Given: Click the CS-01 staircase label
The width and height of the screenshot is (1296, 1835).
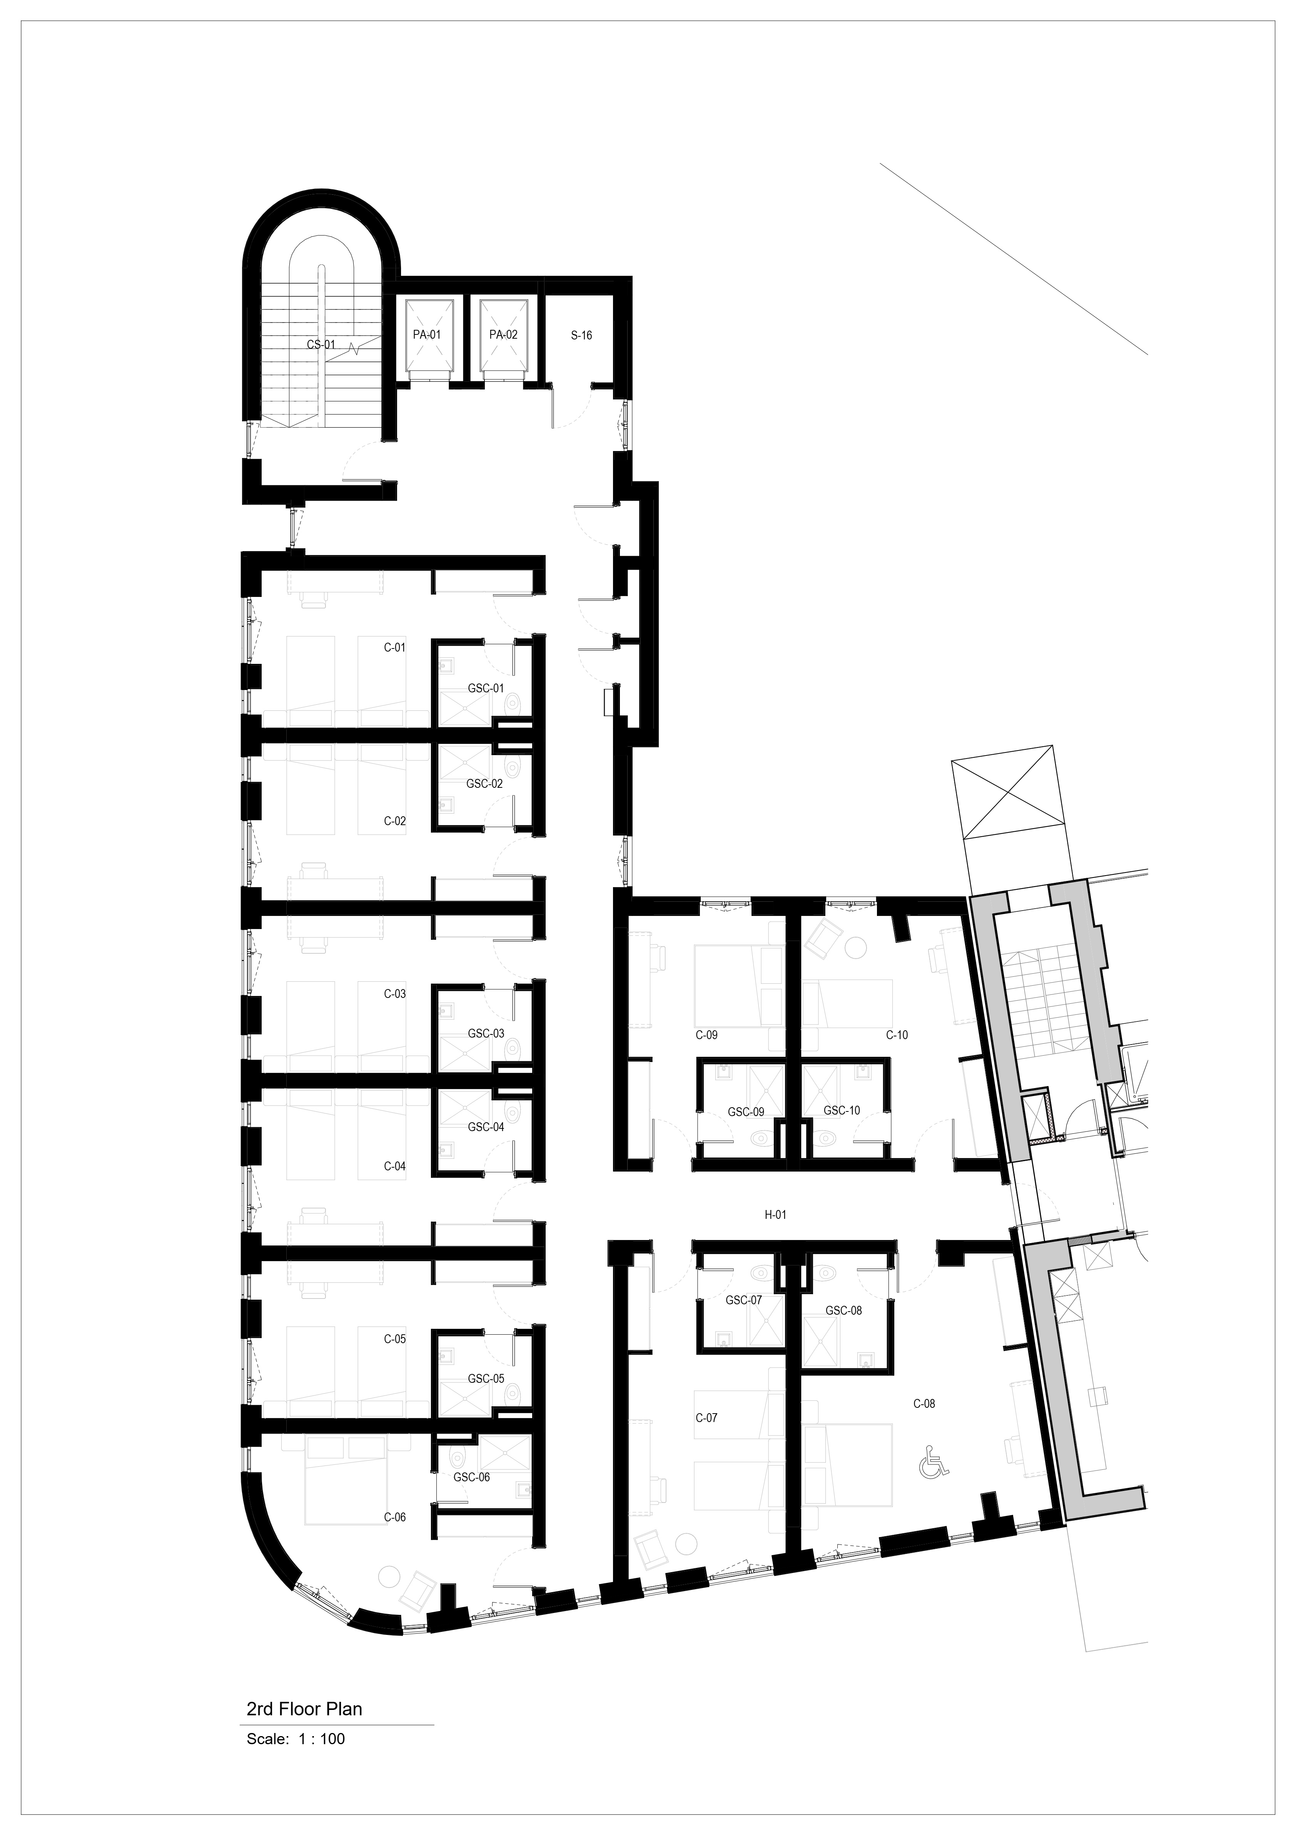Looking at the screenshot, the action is [321, 345].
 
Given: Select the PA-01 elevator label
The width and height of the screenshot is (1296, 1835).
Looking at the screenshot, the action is [427, 335].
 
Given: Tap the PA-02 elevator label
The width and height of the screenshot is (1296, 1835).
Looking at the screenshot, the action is [503, 335].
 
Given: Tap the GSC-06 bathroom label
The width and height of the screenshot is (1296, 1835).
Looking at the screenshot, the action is [471, 1477].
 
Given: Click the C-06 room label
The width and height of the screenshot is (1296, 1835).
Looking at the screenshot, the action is [395, 1517].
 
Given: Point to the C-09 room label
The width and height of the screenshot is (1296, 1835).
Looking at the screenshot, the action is [706, 1035].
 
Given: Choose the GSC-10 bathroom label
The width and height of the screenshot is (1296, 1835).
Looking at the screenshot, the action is [842, 1110].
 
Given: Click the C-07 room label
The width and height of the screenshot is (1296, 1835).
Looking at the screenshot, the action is [706, 1418].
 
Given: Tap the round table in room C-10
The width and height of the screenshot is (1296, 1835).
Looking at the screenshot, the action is [856, 948].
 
